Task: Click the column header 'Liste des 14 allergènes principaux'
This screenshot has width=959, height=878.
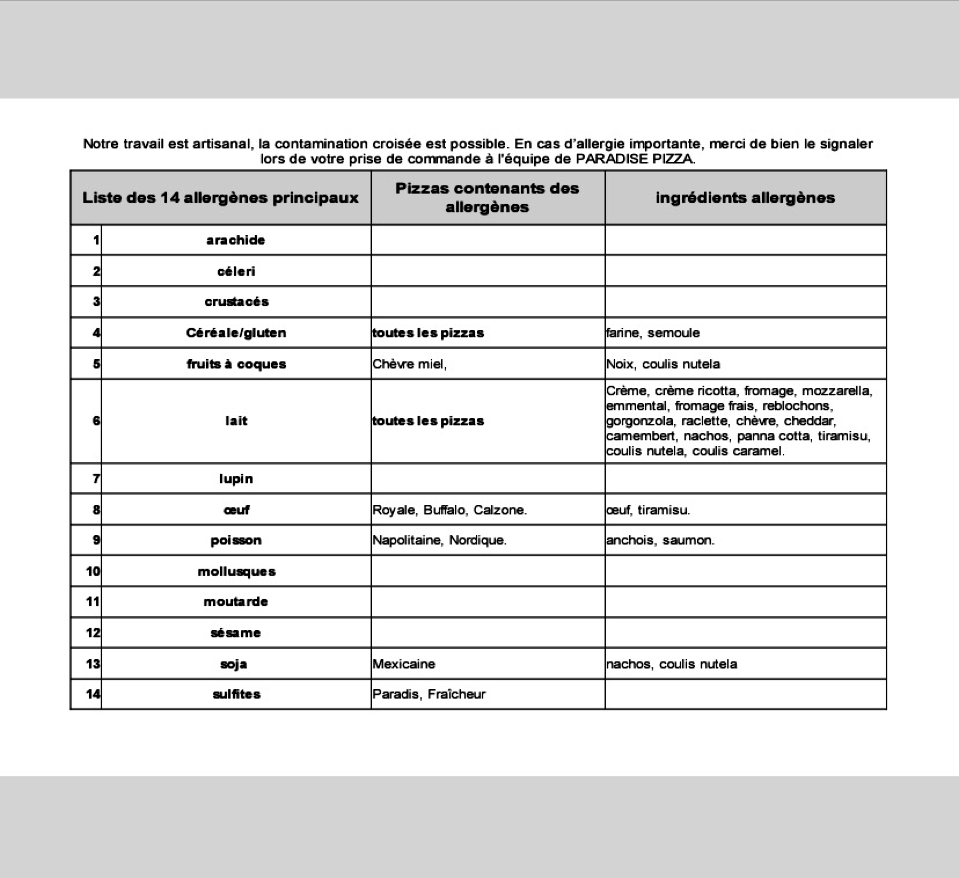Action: pos(220,198)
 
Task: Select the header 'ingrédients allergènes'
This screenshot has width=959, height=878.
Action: pos(745,198)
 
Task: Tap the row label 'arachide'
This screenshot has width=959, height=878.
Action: pos(236,240)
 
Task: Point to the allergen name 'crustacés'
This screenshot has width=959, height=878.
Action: pos(236,302)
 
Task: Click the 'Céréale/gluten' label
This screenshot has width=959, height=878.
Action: pos(236,333)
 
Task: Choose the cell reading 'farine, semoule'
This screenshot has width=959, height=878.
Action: pos(653,333)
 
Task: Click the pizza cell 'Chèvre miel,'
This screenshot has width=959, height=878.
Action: pos(409,364)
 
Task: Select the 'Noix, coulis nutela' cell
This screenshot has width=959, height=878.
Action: pos(663,364)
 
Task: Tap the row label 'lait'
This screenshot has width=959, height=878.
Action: pos(236,421)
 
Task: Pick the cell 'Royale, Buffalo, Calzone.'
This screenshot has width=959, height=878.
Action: pos(449,510)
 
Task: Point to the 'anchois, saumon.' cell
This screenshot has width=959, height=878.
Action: pos(660,540)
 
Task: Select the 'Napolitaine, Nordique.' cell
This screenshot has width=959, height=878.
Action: pos(440,540)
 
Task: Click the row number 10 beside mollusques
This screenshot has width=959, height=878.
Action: pos(93,572)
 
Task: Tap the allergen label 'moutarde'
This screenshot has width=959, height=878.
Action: pos(236,602)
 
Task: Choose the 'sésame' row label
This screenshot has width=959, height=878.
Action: pos(236,633)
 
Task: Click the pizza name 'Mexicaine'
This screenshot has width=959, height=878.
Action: pos(404,664)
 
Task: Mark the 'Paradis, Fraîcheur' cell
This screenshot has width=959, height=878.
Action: pos(429,694)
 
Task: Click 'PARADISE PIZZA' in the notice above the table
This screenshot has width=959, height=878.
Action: pos(635,159)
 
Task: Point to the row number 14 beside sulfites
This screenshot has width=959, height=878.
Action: pos(93,694)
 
